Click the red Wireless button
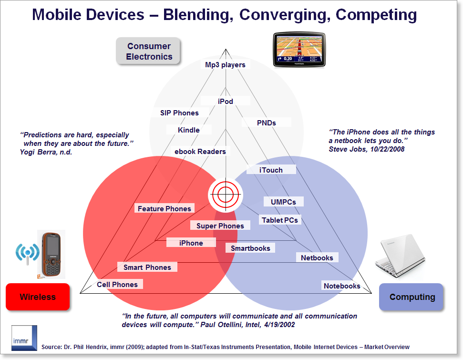(38, 297)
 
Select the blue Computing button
(412, 297)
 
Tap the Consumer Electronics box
(149, 51)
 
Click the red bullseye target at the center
(225, 194)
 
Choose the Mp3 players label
(225, 65)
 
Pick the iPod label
(225, 101)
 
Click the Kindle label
(189, 130)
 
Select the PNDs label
(267, 123)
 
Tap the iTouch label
(271, 170)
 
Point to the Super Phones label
(220, 226)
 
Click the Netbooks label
(317, 257)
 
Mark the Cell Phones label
(117, 285)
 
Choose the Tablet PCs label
(280, 220)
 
